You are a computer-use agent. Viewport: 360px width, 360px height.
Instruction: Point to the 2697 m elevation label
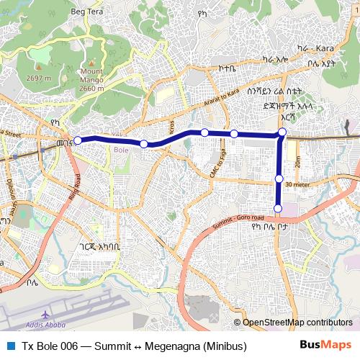[37, 78]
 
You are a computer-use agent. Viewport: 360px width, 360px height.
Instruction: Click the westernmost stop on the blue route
[78, 140]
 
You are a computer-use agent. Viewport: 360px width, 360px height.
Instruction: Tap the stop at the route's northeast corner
[282, 132]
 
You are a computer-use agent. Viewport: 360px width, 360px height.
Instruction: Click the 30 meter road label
[297, 184]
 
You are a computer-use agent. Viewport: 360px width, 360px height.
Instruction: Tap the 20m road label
[297, 163]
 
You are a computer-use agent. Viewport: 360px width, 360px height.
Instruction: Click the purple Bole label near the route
[121, 149]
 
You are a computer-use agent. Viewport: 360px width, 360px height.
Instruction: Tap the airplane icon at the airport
[45, 315]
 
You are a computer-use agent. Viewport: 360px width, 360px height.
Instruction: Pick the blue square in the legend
[9, 346]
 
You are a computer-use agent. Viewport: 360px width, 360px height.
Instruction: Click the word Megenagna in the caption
[168, 346]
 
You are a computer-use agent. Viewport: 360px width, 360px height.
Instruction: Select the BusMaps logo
[325, 346]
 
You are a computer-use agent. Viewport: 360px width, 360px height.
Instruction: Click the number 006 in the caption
[69, 346]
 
